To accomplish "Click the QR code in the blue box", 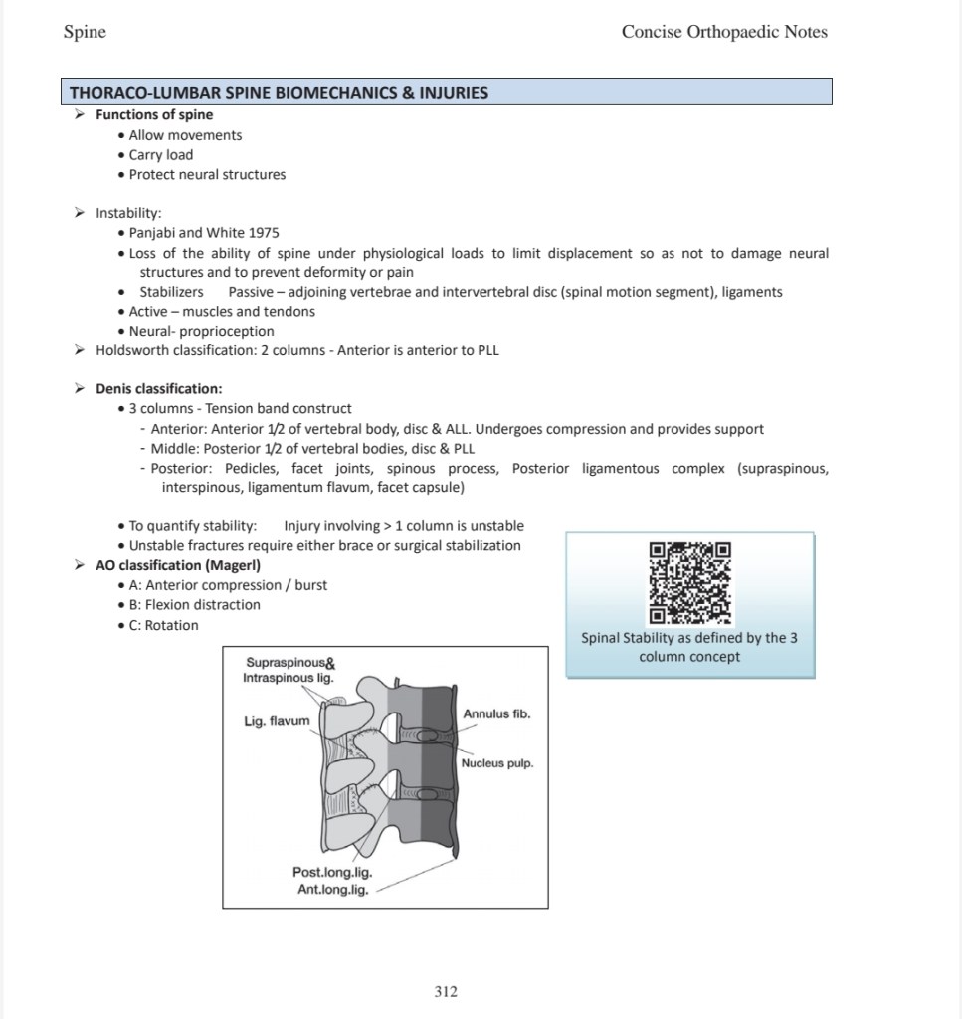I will (689, 582).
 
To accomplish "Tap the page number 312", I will (446, 991).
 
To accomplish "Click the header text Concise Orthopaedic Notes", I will (724, 32).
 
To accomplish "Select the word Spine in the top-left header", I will (85, 32).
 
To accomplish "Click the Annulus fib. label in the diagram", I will (496, 713).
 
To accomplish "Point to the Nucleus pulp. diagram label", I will (497, 763).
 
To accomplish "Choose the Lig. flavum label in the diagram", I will (278, 721).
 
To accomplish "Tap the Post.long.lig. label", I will (332, 873).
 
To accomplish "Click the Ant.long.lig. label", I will (333, 890).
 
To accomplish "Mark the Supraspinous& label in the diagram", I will (289, 663).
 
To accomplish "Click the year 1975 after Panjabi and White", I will (264, 233).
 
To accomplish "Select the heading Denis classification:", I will (159, 388).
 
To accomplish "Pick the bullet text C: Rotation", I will (164, 625).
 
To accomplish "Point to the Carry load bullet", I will (161, 155).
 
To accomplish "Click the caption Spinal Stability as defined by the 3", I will (689, 638).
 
